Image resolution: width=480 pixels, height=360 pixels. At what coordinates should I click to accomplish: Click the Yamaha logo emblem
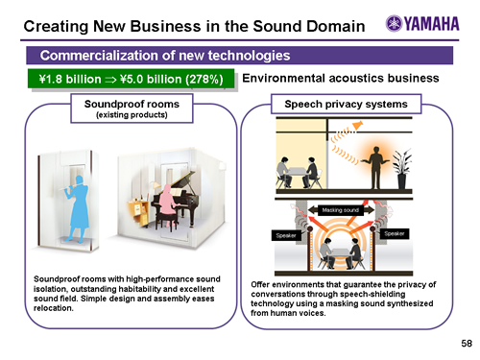click(394, 23)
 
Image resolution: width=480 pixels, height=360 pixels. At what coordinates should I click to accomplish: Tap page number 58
click(467, 344)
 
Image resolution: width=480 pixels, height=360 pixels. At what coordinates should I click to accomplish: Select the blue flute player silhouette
click(77, 208)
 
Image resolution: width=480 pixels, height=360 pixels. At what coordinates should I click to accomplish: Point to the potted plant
click(402, 168)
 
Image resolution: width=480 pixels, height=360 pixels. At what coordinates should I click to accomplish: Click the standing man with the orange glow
click(375, 167)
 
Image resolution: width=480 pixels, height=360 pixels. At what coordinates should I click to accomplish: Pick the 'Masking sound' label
click(341, 210)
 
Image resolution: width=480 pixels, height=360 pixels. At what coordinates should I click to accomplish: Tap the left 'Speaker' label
click(286, 235)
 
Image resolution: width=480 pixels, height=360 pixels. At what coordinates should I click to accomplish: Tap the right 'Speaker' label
click(395, 233)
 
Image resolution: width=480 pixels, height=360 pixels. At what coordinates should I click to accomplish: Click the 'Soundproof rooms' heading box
click(132, 108)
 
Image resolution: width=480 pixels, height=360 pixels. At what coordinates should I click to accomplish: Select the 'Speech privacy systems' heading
click(347, 104)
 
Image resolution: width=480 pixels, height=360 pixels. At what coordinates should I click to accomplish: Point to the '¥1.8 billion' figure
click(70, 79)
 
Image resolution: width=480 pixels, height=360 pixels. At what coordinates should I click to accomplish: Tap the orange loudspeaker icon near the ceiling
click(357, 126)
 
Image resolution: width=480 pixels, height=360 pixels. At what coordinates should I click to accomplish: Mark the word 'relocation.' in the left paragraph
click(54, 308)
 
